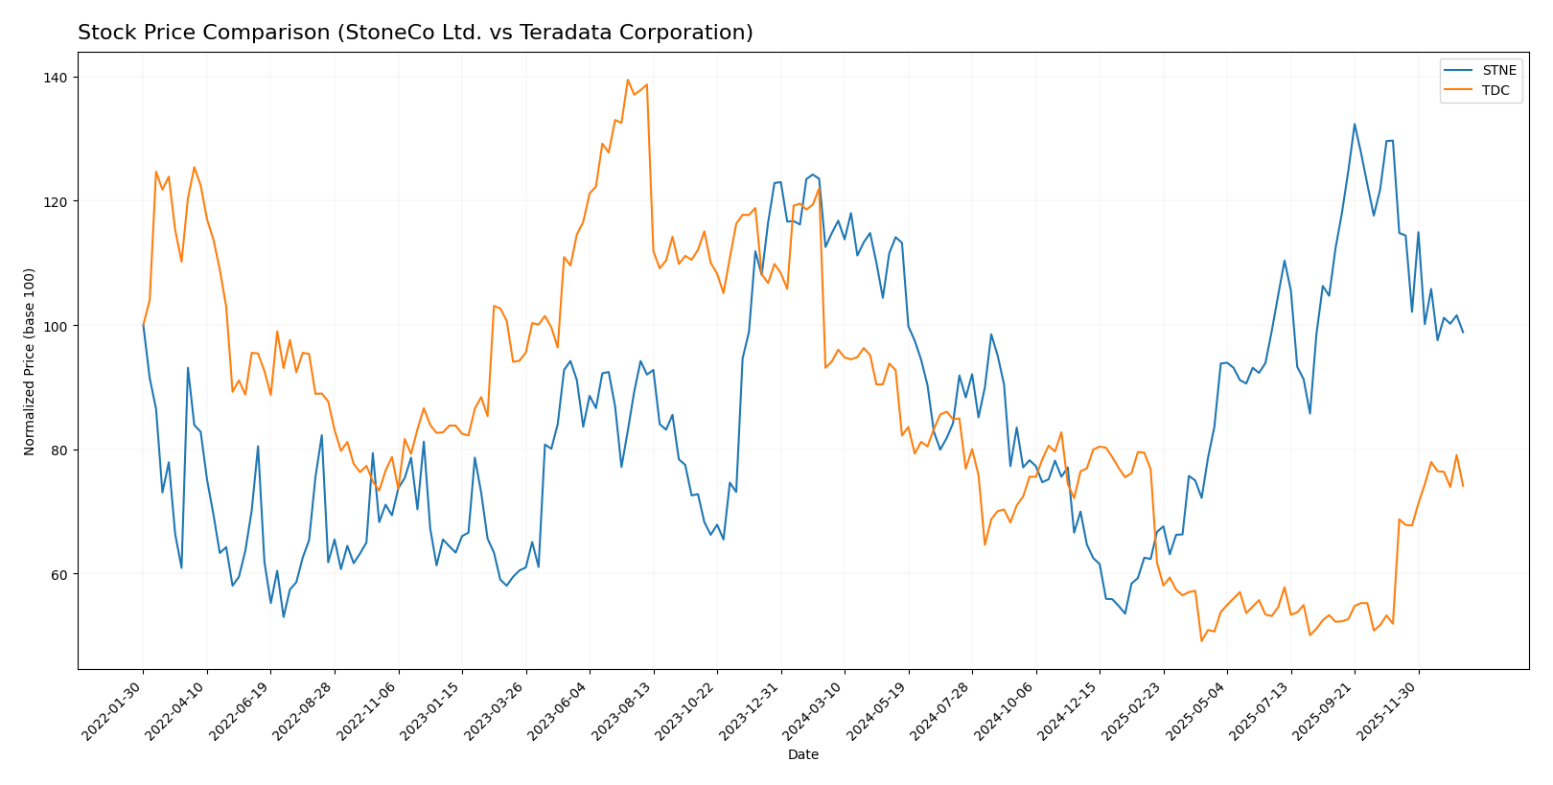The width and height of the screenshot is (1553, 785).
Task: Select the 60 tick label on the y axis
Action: click(x=62, y=575)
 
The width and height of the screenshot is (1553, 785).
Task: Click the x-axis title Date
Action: click(x=802, y=755)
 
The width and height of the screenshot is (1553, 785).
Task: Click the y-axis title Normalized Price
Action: click(x=30, y=361)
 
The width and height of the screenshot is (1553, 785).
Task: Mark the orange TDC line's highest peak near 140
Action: click(x=628, y=80)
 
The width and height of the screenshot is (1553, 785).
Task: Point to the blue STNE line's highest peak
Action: click(x=1355, y=124)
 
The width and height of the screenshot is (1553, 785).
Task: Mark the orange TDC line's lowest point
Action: click(x=1201, y=641)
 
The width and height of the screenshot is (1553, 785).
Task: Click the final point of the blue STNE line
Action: click(x=1463, y=333)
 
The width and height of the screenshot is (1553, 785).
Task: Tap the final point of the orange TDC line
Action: click(x=1463, y=486)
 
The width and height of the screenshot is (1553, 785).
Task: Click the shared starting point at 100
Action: click(x=143, y=326)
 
